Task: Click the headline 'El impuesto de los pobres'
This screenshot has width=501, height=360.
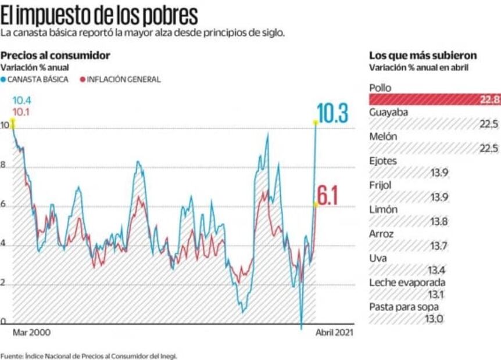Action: (99, 15)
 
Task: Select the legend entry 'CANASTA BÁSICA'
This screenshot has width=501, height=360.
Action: (37, 79)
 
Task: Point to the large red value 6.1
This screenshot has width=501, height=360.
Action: (328, 197)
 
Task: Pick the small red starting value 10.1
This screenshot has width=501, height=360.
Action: (22, 111)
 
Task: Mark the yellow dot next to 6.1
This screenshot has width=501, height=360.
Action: (316, 204)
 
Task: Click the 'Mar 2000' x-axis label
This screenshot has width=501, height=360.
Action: (31, 333)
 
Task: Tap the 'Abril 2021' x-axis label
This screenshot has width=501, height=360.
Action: (334, 333)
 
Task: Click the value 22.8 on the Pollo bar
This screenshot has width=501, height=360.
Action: (489, 99)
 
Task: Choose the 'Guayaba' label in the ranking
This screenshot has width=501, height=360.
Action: (388, 111)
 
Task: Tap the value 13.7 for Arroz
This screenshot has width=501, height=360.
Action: (438, 246)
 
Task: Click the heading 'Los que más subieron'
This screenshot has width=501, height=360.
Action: (423, 55)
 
